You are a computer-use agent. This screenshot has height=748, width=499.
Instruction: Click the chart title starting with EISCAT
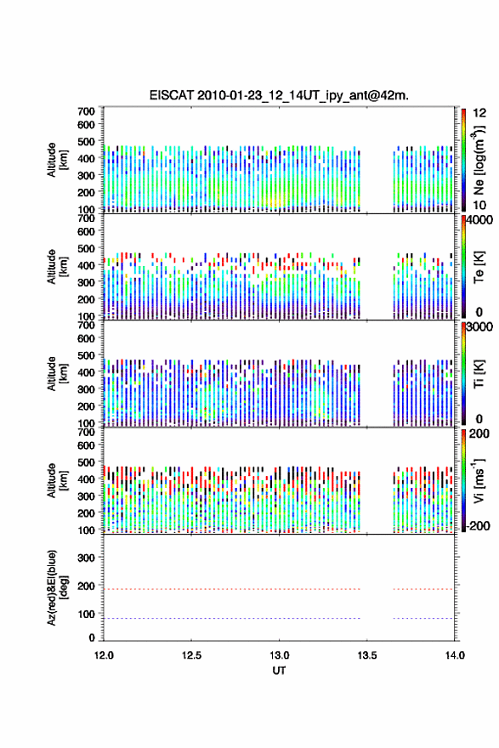click(279, 95)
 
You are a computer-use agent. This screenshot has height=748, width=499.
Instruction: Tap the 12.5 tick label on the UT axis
click(191, 655)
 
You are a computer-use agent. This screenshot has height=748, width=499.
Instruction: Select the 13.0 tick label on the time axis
click(279, 655)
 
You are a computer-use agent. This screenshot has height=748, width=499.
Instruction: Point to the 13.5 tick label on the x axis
click(367, 655)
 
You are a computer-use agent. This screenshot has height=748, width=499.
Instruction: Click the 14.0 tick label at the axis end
click(455, 655)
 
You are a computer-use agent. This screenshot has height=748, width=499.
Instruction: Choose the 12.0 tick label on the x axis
click(104, 655)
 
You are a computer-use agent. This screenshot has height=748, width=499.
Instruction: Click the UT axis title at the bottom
click(279, 671)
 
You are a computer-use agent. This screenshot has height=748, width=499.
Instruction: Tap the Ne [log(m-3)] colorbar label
click(479, 161)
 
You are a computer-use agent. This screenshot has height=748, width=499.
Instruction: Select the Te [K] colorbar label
click(479, 267)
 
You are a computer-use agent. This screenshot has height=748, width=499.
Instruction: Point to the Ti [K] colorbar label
click(479, 374)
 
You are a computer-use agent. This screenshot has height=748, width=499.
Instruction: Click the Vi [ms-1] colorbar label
click(479, 481)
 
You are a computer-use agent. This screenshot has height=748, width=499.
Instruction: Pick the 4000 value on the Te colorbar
click(479, 220)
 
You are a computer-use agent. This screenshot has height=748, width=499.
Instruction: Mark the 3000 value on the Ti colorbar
click(479, 327)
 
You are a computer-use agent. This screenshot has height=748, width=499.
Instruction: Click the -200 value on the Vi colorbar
click(478, 525)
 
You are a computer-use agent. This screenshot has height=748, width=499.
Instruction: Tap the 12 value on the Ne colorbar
click(479, 113)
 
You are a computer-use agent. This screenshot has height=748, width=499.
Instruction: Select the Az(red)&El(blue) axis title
click(57, 587)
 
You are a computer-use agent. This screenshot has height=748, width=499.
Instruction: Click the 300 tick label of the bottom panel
click(86, 558)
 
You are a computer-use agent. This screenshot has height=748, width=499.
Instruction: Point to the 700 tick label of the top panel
click(86, 111)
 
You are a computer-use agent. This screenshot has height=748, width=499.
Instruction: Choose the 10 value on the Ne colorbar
click(479, 205)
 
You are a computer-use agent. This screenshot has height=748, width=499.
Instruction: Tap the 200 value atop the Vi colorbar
click(479, 433)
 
